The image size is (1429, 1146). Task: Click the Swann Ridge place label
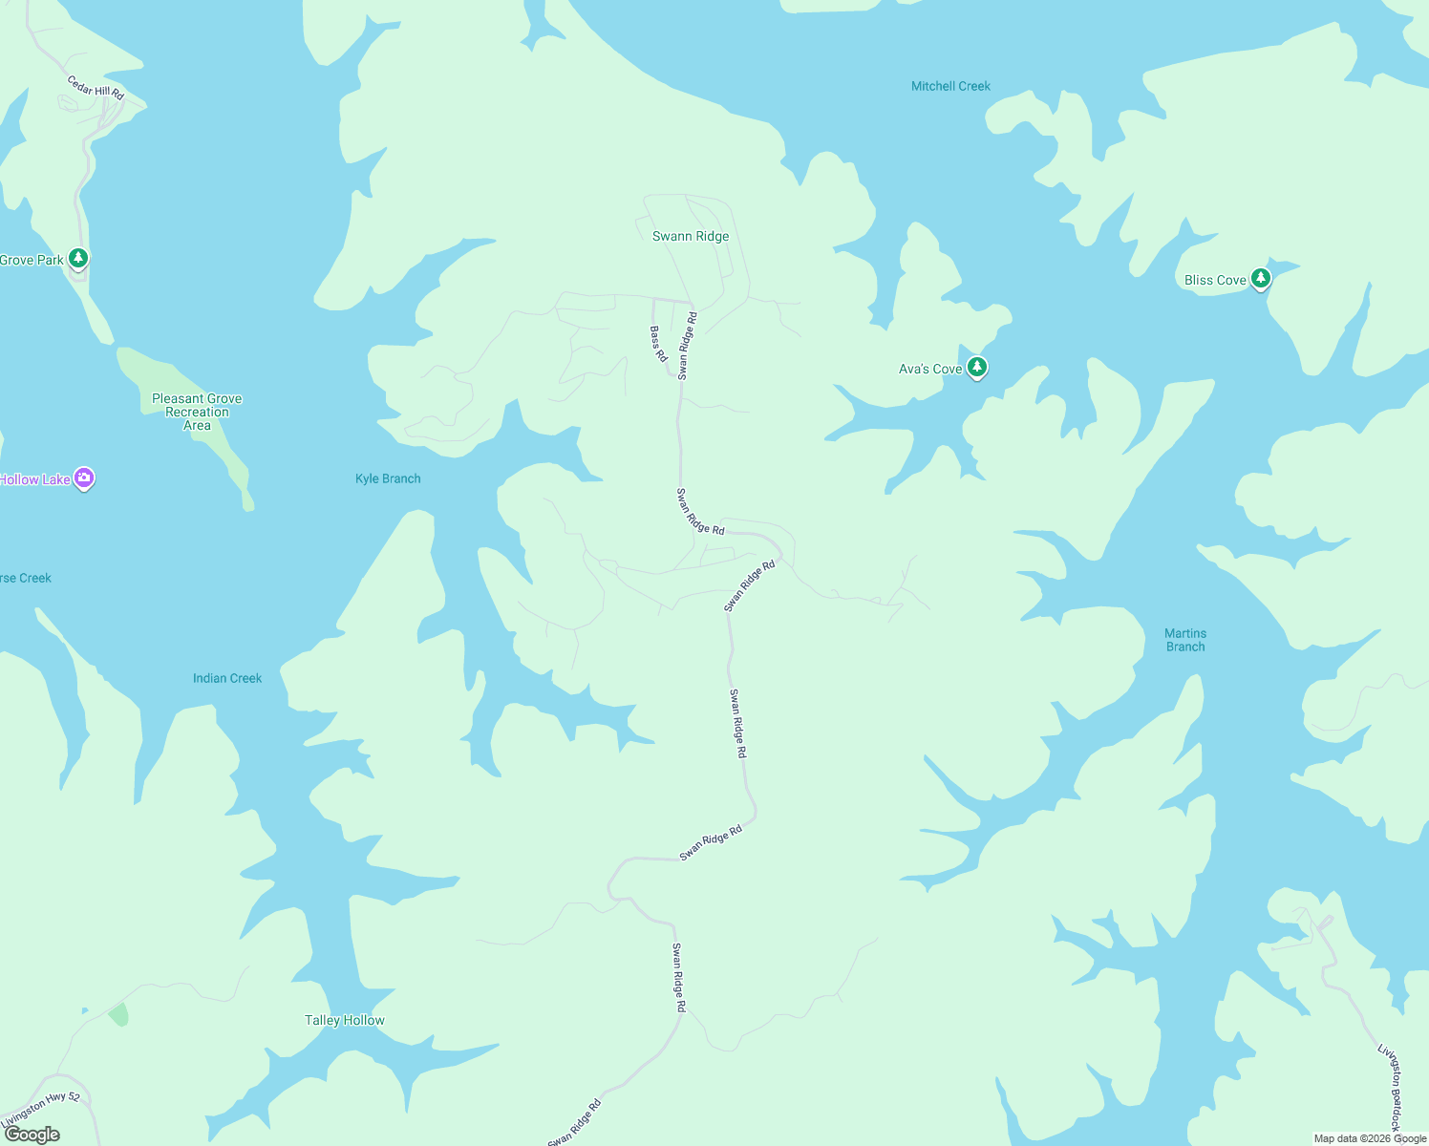coord(690,236)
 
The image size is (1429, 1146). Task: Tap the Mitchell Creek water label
coord(950,86)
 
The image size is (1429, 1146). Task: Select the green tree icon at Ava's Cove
coord(976,367)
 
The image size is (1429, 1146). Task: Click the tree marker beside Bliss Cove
coord(1261,278)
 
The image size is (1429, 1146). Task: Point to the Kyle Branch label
coord(388,478)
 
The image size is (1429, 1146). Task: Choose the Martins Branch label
coord(1185,640)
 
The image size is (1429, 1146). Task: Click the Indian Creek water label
coord(227,678)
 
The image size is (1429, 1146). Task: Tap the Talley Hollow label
coord(344,1020)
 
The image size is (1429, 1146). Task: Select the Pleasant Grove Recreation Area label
coord(197,412)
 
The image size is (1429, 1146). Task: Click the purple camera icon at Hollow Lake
coord(84,477)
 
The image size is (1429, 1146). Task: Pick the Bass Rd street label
coord(658,344)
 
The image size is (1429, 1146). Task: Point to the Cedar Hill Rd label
coord(96,88)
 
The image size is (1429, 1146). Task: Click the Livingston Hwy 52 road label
coord(41,1108)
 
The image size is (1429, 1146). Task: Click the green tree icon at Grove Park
coord(78,258)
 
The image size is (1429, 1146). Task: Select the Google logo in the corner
coord(32,1135)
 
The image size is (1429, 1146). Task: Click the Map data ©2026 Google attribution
coord(1370,1138)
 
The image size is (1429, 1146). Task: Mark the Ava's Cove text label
coord(930,369)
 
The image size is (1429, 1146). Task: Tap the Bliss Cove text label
coord(1215,280)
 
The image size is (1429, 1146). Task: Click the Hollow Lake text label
coord(35,479)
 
